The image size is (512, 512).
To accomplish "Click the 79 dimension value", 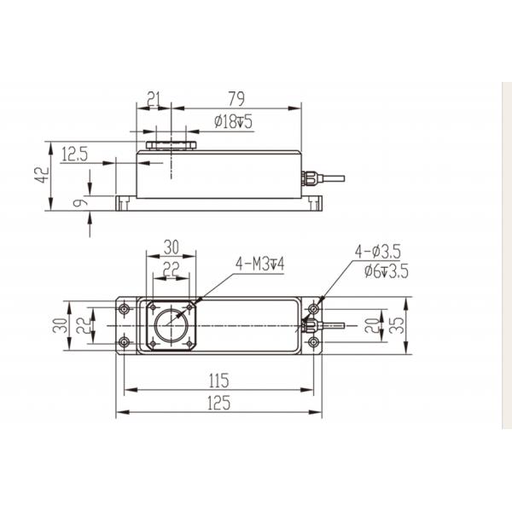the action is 236,99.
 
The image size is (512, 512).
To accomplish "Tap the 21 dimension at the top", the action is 154,99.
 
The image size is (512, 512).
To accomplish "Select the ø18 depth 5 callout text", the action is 233,121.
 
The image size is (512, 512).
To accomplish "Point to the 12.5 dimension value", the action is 75,154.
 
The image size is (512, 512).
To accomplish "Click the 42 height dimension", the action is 42,175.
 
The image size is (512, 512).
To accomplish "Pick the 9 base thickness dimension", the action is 80,202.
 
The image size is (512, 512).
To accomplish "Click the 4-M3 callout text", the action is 259,264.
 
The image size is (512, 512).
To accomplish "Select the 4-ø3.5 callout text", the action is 377,252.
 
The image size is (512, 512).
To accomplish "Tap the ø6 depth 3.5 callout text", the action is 387,271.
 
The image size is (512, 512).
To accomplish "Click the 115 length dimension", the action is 218,381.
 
